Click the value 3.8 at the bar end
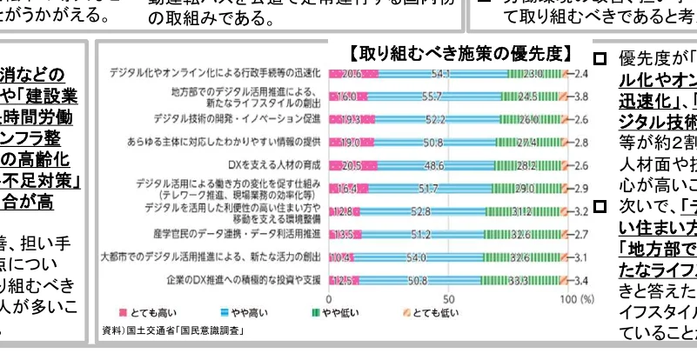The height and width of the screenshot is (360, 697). tap(583, 96)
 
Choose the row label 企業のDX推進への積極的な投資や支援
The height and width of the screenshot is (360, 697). tap(245, 281)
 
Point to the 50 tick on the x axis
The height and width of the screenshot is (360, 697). tap(447, 297)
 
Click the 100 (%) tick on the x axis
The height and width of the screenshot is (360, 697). tap(575, 297)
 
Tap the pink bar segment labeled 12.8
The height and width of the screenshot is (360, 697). tap(343, 211)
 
